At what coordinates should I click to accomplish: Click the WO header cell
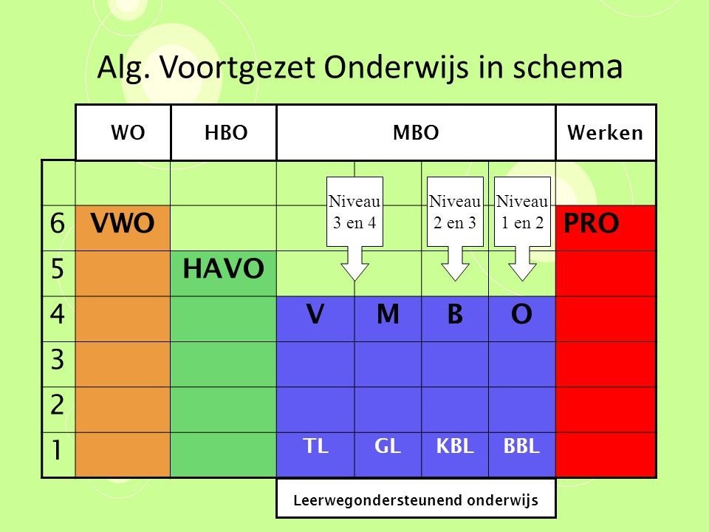click(123, 132)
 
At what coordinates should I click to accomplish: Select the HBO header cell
click(224, 132)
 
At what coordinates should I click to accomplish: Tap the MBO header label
click(416, 132)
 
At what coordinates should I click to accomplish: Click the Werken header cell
click(606, 132)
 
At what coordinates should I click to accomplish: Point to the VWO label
click(123, 223)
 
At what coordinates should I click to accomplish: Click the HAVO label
click(223, 268)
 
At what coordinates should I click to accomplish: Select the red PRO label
click(592, 223)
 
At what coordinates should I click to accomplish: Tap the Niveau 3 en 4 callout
click(355, 228)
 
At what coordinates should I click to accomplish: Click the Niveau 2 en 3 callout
click(455, 228)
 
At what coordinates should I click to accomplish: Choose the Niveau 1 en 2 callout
click(522, 228)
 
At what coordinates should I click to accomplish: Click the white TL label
click(315, 446)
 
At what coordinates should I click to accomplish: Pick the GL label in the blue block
click(388, 446)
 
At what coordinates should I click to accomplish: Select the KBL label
click(455, 446)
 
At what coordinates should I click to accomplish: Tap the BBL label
click(522, 446)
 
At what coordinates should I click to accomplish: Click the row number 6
click(58, 223)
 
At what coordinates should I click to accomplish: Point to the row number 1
click(57, 450)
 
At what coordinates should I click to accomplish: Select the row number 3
click(58, 360)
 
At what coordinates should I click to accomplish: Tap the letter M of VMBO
click(388, 314)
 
